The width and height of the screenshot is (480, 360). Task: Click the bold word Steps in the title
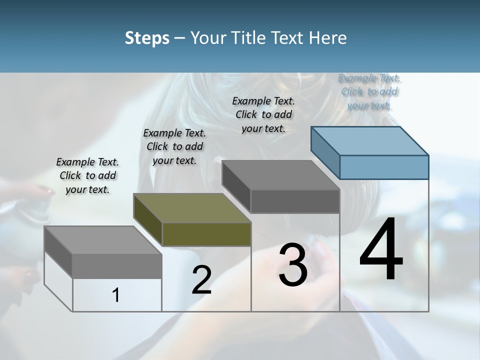(146, 38)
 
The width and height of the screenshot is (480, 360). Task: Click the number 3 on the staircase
(292, 265)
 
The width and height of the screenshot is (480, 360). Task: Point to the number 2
(201, 280)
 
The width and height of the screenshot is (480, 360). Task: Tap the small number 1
(116, 295)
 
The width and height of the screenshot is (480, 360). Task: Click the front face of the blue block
(384, 167)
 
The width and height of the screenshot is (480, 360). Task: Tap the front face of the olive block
(206, 234)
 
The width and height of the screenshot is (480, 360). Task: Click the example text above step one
(87, 175)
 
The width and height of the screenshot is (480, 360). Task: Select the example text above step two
(174, 146)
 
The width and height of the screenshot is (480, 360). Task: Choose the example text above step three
(263, 114)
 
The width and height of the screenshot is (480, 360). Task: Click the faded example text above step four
(369, 91)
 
